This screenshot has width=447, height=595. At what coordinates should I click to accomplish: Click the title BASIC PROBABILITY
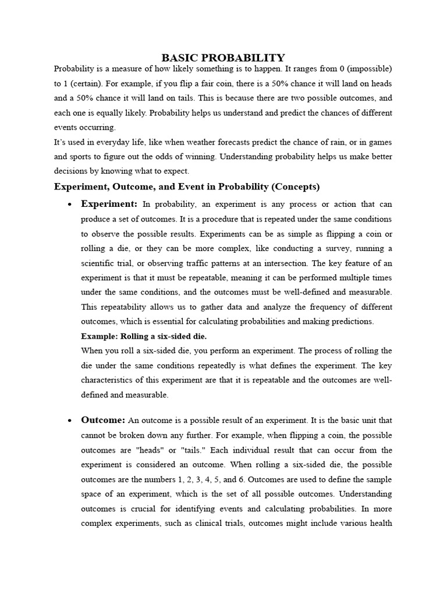tap(223, 57)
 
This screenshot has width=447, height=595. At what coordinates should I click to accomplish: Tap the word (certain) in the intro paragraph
tap(84, 83)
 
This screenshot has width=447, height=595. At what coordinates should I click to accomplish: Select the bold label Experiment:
tap(109, 204)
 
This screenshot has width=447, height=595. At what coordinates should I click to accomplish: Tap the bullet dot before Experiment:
tap(69, 205)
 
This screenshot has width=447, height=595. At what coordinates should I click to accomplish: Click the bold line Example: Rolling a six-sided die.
tap(144, 336)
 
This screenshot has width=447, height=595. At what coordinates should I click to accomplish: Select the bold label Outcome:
tap(103, 420)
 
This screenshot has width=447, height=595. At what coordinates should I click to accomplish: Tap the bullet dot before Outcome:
tap(69, 421)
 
